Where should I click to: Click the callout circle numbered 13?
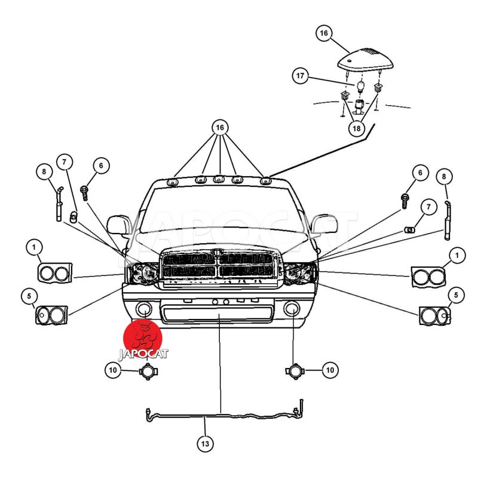click(x=205, y=443)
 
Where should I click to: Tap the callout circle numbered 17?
click(x=301, y=75)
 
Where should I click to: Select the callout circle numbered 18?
click(x=356, y=128)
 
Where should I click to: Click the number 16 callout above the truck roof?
click(x=220, y=127)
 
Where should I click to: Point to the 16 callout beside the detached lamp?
click(x=324, y=33)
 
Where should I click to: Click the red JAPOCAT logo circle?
click(x=143, y=338)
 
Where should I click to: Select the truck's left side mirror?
click(x=118, y=225)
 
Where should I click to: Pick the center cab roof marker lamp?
click(x=219, y=179)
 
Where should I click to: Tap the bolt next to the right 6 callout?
click(x=405, y=201)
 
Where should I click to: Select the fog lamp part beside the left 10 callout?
click(x=148, y=371)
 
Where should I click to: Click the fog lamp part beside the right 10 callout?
click(x=295, y=371)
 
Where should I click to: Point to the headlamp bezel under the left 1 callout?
click(x=55, y=272)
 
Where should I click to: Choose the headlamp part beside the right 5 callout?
click(x=435, y=316)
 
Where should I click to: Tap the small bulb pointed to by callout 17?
click(x=361, y=86)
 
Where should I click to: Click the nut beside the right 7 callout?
click(x=409, y=229)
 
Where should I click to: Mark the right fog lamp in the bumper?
click(x=292, y=308)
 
